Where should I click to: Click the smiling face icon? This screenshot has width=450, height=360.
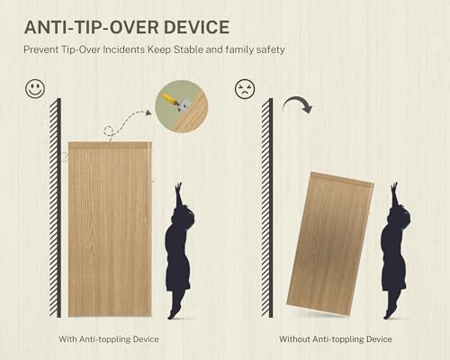pos(35,89)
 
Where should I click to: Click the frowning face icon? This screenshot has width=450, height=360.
pos(245,89)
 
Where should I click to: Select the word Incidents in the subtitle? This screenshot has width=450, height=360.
pos(123,49)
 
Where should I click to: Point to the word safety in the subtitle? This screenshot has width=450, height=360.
pos(270,49)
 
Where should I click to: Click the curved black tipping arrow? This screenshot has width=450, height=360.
pos(298,105)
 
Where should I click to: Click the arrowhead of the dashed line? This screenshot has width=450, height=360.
pos(148,112)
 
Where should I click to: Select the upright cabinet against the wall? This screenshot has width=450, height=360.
pos(110,229)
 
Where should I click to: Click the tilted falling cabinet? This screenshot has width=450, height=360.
pos(330,244)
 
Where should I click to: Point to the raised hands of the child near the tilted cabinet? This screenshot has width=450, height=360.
pos(394,188)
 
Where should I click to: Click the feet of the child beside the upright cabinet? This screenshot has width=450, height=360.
pos(175,312)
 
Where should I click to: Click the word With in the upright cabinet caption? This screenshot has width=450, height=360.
pos(67,339)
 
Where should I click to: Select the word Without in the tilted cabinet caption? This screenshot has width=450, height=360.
pos(294,339)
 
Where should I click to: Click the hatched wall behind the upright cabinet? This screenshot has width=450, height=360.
pos(56,208)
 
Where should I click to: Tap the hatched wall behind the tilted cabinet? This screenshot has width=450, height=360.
pos(267,208)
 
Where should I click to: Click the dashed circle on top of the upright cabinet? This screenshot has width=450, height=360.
pos(109,131)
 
